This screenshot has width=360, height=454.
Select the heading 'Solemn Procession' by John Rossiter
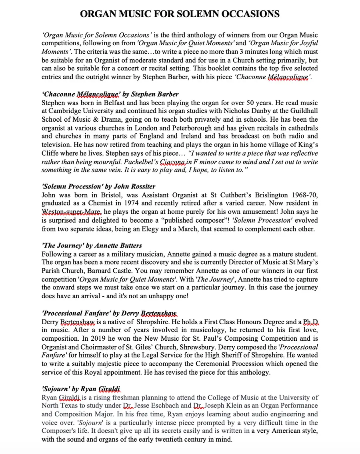click(98, 187)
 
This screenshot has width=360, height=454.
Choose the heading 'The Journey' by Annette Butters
click(92, 245)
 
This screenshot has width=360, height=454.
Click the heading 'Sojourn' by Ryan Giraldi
click(81, 389)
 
